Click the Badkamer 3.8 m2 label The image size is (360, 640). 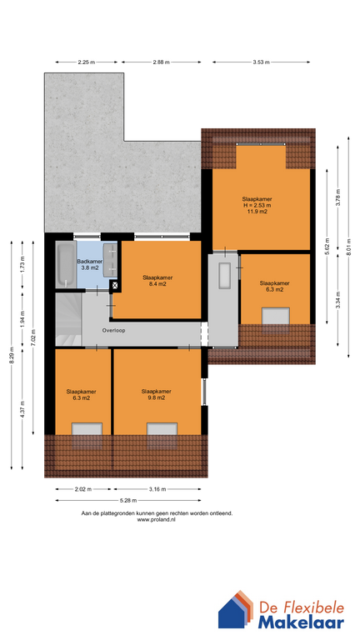coord(89,265)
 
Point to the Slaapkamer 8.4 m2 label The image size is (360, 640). coord(157,280)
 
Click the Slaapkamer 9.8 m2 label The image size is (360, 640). coord(156,394)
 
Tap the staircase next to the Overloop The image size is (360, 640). coord(68,318)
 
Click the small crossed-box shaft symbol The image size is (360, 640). coord(115,286)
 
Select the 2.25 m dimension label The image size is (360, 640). coord(86,62)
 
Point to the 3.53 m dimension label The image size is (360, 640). coord(261,62)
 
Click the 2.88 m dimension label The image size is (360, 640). coord(161,62)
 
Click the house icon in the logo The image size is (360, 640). coord(236,610)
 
